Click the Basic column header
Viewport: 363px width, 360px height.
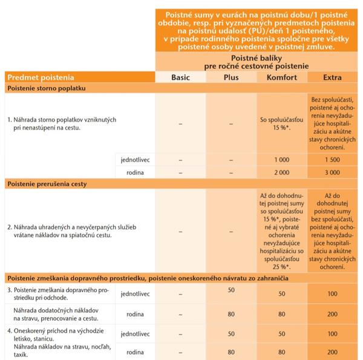(180, 77)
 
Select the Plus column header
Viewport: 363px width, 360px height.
(231, 77)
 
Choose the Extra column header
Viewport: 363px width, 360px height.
(333, 77)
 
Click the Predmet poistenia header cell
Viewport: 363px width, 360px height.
(40, 77)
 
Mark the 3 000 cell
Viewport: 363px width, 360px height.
(333, 172)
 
